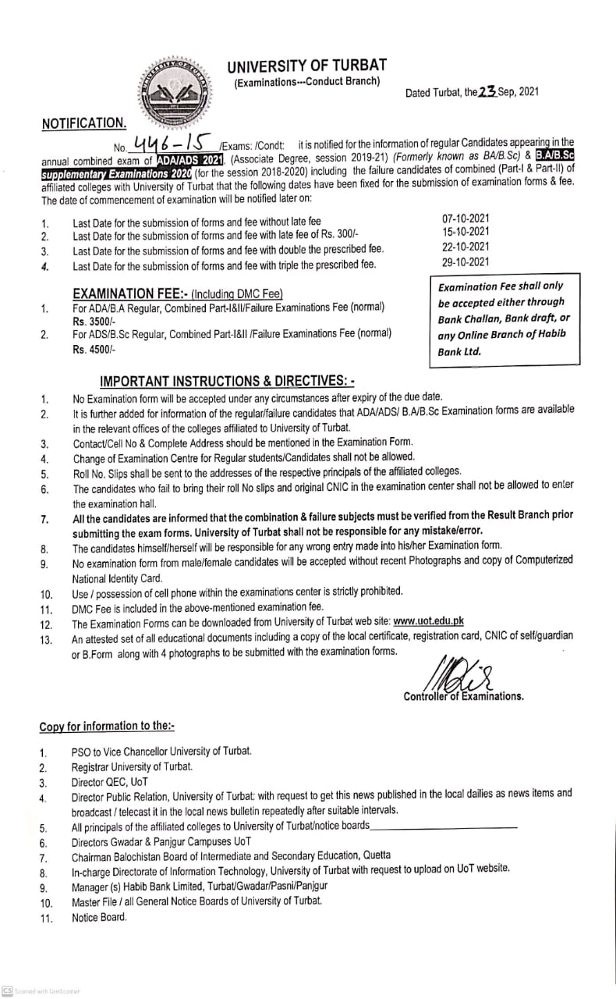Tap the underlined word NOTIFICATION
point(83,123)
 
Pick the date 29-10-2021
point(466,262)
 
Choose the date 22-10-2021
point(466,247)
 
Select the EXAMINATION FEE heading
point(177,293)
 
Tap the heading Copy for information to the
point(107,726)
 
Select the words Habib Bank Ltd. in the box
point(459,351)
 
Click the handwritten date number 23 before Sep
point(488,92)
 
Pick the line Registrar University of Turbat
point(132,766)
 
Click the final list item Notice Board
point(99,917)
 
